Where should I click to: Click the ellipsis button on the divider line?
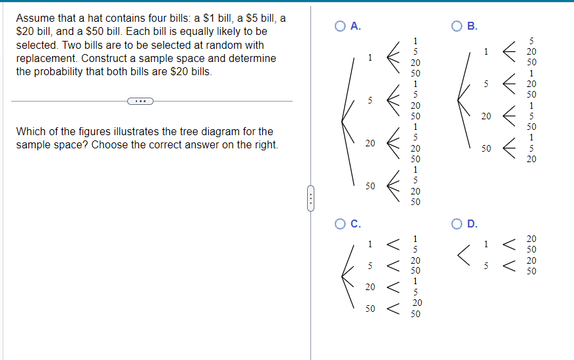[140, 102]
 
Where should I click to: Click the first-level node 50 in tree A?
[372, 187]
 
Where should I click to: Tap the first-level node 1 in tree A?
[371, 57]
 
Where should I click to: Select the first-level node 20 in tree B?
[486, 116]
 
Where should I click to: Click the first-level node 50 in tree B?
[486, 149]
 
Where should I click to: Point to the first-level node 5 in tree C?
[371, 266]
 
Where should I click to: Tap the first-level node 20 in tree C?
[371, 287]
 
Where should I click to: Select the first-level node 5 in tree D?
[486, 266]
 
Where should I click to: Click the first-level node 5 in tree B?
[486, 84]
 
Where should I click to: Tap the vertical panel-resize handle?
[310, 197]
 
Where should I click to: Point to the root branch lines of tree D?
[464, 255]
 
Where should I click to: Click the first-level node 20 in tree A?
[372, 143]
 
